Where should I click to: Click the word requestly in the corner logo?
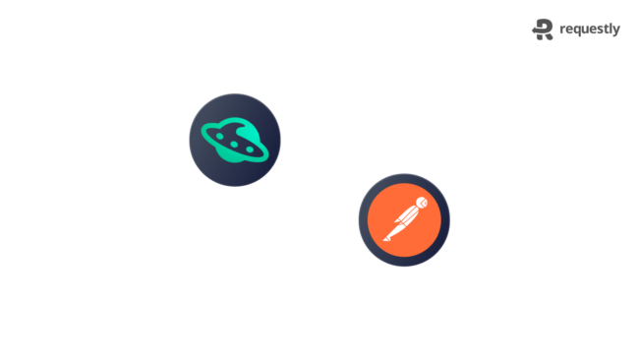point(590,30)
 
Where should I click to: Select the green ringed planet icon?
point(235,140)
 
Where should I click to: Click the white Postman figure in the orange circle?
point(404,220)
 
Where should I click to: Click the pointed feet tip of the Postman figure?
point(385,241)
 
